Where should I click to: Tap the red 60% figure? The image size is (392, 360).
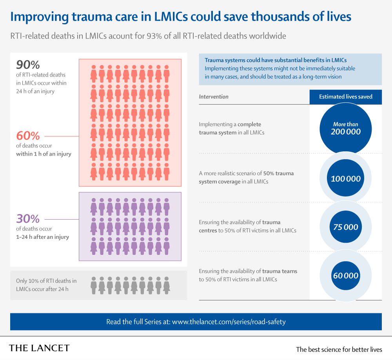pos(28,136)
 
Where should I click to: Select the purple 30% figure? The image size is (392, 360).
pos(28,218)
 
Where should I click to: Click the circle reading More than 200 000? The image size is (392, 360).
pos(345,128)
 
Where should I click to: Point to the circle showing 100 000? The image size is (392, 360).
pos(345,178)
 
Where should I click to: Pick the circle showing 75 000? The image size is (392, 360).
pos(345,227)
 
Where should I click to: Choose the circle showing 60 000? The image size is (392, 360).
pos(345,275)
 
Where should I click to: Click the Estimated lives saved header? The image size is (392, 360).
pos(345,96)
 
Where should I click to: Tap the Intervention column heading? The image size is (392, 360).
pos(214,96)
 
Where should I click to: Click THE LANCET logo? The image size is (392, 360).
pos(39,348)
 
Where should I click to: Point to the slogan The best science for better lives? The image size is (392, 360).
pos(339,349)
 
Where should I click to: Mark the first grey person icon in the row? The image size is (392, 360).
pos(94,285)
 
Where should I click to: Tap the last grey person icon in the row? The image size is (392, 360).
pos(167,285)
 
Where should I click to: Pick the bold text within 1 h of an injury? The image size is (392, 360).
pos(44,154)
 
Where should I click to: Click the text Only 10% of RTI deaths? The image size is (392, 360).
pos(46,281)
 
